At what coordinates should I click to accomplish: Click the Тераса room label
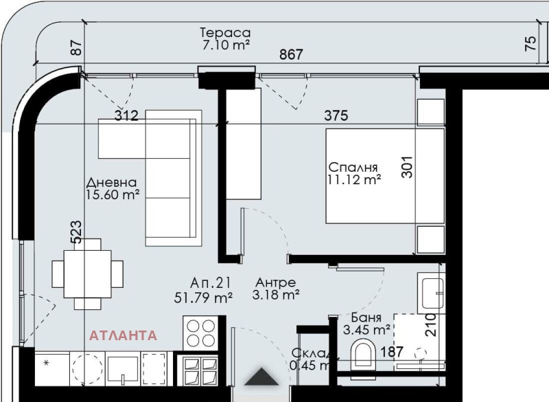[226, 32]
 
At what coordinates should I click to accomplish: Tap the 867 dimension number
[291, 55]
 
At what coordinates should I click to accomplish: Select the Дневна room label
[111, 183]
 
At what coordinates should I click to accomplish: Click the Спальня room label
[353, 167]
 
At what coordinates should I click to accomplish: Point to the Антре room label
[276, 282]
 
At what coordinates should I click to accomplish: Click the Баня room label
[366, 317]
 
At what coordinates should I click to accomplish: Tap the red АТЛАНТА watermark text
[123, 335]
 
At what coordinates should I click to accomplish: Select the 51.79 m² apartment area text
[203, 298]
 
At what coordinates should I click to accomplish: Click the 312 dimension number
[127, 115]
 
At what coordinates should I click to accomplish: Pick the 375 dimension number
[336, 115]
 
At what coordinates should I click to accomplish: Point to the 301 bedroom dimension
[407, 167]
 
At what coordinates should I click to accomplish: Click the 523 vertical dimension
[76, 232]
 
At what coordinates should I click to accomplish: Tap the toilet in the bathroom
[363, 355]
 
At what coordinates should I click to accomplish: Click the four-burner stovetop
[200, 333]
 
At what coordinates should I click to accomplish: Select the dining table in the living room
[88, 273]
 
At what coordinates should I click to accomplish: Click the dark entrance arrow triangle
[262, 377]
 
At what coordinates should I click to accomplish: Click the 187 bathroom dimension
[392, 352]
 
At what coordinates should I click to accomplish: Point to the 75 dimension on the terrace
[531, 43]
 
